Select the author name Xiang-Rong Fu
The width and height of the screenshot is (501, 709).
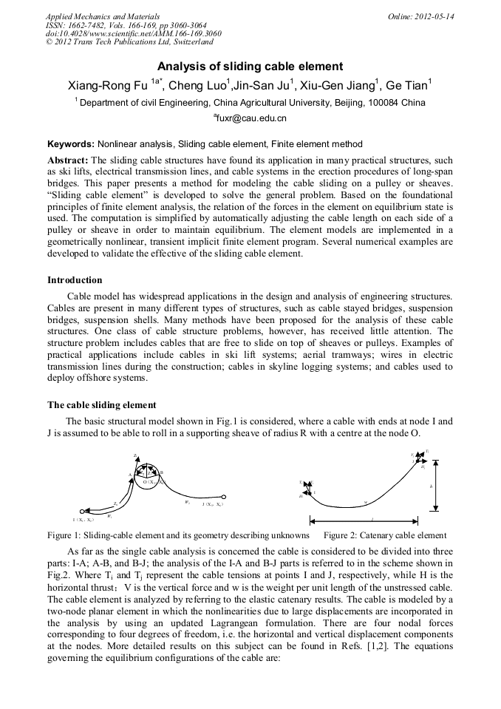(108, 85)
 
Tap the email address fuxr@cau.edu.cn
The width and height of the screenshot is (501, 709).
(250, 118)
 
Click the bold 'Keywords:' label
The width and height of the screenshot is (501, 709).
(71, 144)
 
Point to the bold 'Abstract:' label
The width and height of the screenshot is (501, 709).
(68, 160)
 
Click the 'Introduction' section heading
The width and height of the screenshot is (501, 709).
(75, 280)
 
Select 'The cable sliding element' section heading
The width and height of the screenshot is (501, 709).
(101, 404)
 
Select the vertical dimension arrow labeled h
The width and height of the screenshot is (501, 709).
(437, 486)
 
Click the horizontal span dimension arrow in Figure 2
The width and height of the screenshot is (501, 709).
(372, 520)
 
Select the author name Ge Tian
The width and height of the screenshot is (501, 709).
(410, 85)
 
